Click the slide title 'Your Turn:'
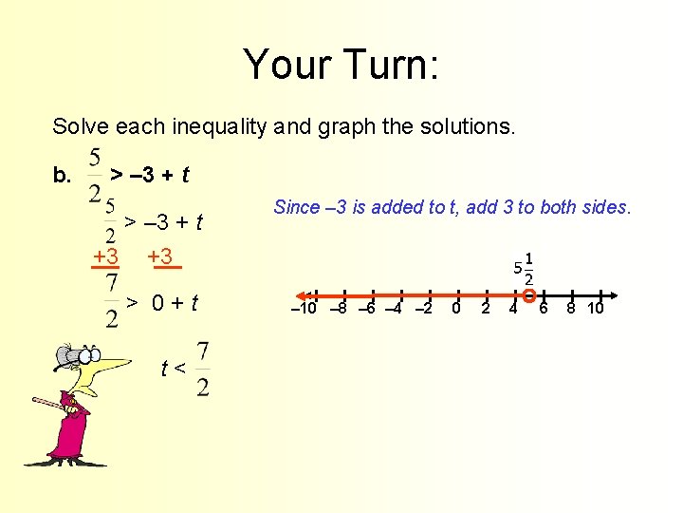[341, 65]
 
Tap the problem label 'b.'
[63, 175]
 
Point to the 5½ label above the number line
[522, 268]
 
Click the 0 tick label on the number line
[456, 309]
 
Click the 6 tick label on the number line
[544, 309]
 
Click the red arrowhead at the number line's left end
[292, 294]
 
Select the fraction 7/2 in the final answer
[204, 369]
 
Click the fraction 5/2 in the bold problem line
[95, 175]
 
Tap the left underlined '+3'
[105, 256]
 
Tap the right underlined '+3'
[161, 256]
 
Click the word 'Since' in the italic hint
[294, 207]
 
